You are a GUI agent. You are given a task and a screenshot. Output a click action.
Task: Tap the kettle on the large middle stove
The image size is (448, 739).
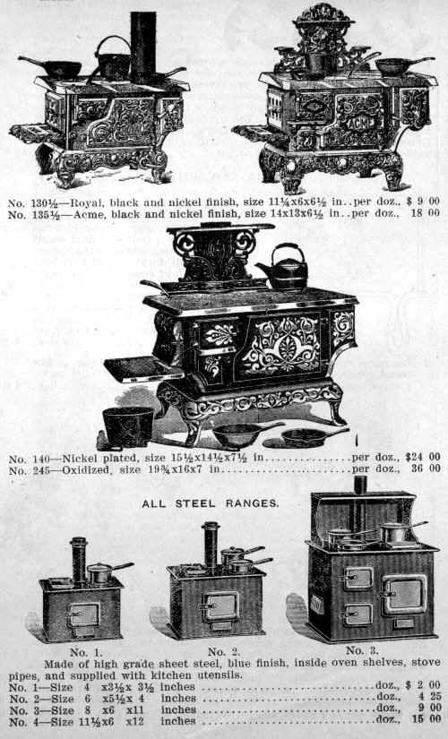[x=283, y=267]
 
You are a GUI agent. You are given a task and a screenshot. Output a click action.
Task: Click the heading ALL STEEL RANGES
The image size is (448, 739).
[x=211, y=503]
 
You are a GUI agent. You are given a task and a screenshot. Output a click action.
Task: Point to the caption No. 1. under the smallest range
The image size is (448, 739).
[x=85, y=652]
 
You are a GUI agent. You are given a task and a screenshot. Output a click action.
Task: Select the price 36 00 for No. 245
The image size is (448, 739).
[x=426, y=468]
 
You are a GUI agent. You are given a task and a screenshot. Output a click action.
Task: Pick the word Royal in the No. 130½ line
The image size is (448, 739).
[x=87, y=202]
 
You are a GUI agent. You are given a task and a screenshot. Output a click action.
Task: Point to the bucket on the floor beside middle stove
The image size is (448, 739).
[x=128, y=427]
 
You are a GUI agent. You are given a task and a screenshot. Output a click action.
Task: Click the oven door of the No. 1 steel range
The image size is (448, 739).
[x=84, y=615]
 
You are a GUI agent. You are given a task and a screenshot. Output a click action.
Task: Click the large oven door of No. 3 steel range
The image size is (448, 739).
[x=404, y=595]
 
